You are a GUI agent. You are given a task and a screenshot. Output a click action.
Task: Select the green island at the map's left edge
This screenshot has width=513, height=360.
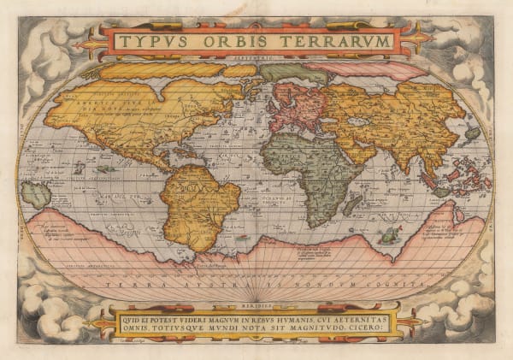tap(36, 193)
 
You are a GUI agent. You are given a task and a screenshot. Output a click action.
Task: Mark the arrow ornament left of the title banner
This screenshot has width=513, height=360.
tap(88, 42)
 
